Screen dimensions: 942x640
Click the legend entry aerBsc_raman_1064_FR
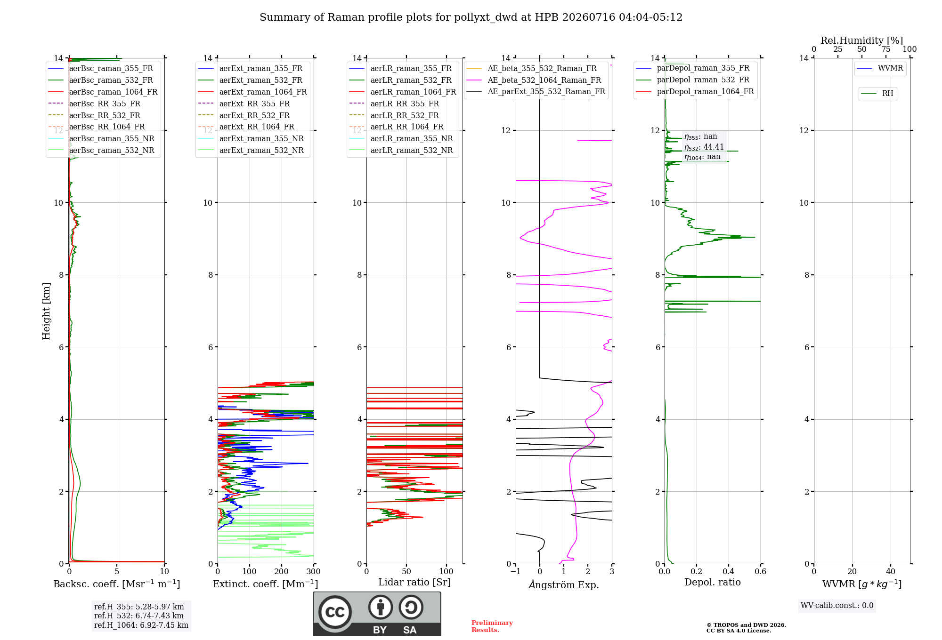(103, 92)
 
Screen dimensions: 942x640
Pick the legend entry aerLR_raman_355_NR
(401, 138)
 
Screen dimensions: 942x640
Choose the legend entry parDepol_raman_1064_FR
(695, 92)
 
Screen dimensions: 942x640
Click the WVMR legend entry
(880, 68)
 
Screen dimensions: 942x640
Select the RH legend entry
(877, 94)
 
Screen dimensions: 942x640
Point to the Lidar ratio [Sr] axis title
(414, 582)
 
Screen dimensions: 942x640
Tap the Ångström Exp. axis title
(564, 584)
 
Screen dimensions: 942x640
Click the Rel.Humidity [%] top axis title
(862, 40)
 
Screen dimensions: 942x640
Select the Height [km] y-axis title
(46, 311)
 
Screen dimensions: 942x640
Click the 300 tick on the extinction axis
(313, 571)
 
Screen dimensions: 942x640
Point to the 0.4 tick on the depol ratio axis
(729, 571)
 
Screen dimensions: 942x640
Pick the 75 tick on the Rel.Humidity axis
(886, 49)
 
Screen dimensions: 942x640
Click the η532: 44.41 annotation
(704, 147)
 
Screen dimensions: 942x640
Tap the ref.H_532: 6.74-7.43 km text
(139, 616)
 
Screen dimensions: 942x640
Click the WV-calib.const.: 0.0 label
(837, 606)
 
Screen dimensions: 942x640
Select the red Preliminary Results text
(492, 626)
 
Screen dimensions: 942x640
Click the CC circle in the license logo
(335, 612)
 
